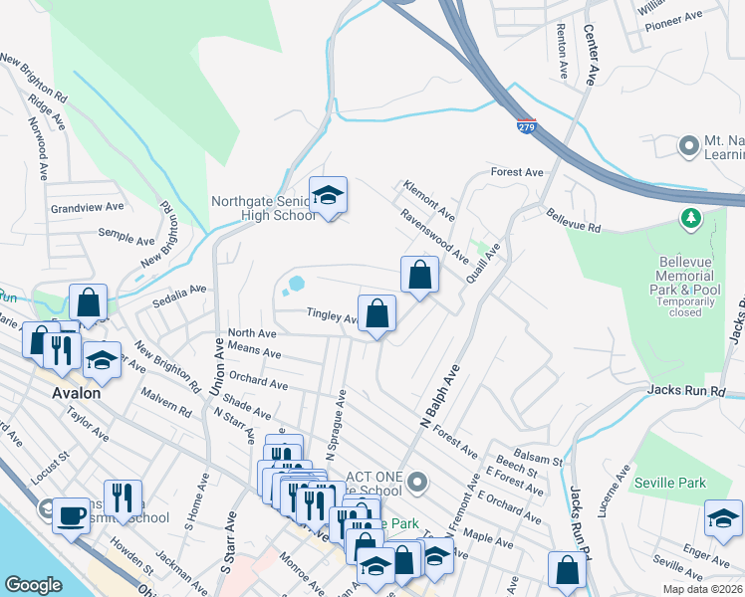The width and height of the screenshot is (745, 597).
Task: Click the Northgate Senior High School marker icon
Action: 327,197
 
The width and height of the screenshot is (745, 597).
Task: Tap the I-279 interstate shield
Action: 526,126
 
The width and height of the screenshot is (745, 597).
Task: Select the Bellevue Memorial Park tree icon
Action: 689,217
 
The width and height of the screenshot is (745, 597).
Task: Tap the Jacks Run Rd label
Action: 686,392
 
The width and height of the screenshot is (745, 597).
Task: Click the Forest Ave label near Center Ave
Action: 517,172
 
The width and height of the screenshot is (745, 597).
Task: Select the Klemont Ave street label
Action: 428,201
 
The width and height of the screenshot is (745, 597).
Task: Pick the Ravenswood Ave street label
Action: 434,236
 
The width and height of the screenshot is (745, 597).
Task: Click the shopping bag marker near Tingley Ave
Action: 376,314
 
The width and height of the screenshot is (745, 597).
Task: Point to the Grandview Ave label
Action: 88,208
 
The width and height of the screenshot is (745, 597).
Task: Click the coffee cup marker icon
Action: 72,515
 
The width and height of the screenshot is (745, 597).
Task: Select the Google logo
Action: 33,585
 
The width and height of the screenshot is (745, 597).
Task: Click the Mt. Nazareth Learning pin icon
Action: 688,147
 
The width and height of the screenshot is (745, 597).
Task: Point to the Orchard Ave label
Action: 258,383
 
